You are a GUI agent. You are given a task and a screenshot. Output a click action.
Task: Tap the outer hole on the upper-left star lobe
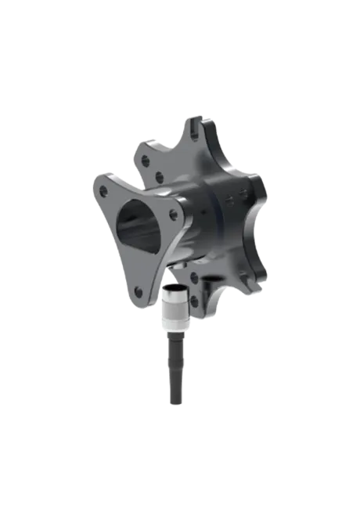click(x=146, y=160)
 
